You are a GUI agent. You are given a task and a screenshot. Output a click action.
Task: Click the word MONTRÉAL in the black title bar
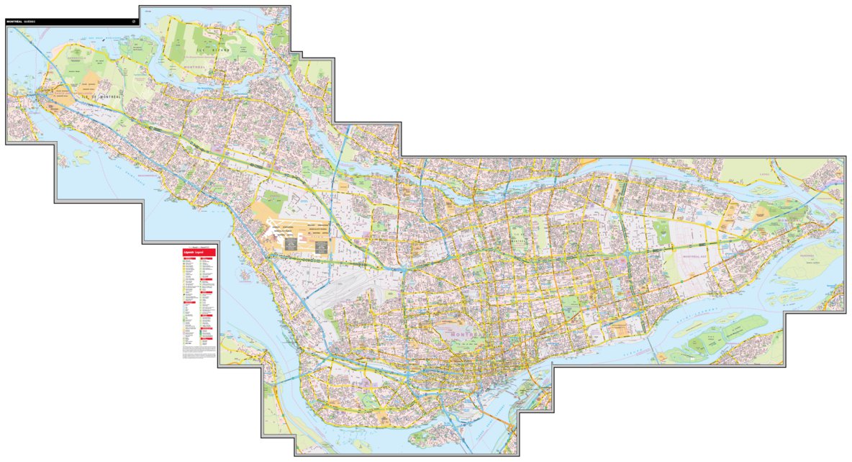click(x=14, y=22)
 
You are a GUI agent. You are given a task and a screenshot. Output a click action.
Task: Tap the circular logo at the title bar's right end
click(x=133, y=21)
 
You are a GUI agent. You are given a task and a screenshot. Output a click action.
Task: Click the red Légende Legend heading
click(x=194, y=253)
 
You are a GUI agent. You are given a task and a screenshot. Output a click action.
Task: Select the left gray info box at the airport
click(x=291, y=245)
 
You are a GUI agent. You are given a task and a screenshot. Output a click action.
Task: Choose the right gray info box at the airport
click(x=320, y=245)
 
